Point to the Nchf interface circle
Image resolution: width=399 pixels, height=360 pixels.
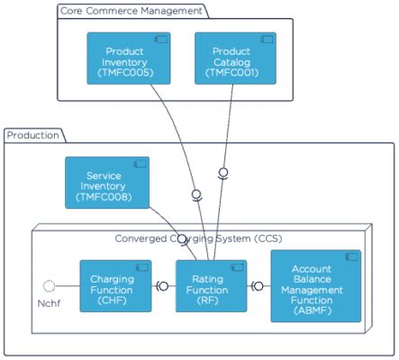tap(50, 286)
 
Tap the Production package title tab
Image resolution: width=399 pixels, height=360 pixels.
tap(33, 135)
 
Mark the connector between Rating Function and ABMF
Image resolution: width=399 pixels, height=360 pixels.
tap(258, 286)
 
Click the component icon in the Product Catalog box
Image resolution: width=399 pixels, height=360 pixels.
tap(267, 40)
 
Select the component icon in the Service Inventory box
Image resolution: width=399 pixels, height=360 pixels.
tap(141, 164)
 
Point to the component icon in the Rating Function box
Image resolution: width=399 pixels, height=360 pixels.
tap(238, 267)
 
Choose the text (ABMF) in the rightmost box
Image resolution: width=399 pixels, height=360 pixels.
tap(315, 310)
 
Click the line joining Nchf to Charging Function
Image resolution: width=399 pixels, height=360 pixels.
tap(68, 286)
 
